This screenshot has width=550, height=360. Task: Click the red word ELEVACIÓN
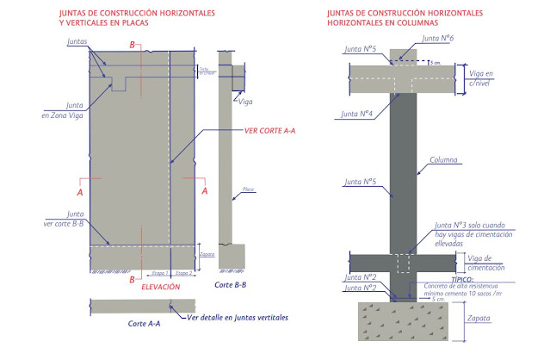coord(161,285)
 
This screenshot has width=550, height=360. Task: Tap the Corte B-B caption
coord(231,284)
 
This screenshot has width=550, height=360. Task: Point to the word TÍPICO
coord(443,281)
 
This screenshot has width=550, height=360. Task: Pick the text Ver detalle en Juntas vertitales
coord(238,318)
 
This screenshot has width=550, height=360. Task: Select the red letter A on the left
coord(80,193)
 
